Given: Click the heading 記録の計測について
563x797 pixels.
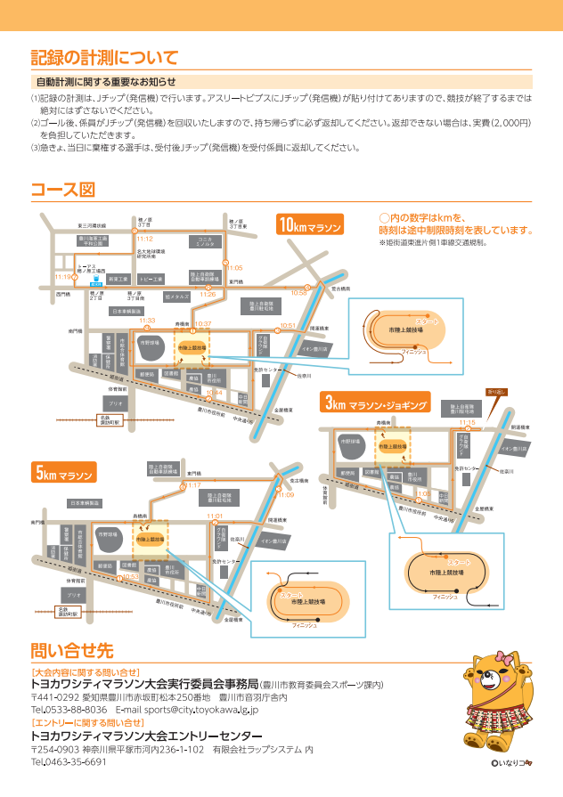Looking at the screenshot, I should pos(104,58).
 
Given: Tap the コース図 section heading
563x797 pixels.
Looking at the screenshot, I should pos(62,190).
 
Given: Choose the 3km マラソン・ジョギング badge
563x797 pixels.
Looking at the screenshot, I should pos(375,406).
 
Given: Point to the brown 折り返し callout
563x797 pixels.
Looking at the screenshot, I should pos(495,391).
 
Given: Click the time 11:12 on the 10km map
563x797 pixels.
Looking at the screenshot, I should pos(145,239).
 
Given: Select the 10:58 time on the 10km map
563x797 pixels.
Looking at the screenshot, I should pos(298,293).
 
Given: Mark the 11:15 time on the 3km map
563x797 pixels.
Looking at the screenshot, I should pos(467,423).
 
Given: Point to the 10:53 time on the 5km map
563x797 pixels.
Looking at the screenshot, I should pos(130,576).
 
